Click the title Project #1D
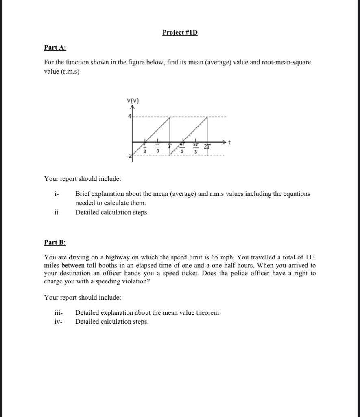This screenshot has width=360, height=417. (180, 32)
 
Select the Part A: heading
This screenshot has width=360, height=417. (55, 47)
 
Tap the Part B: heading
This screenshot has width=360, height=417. (55, 242)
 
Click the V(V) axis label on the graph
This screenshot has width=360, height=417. (133, 101)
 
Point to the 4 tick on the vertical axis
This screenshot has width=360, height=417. (130, 117)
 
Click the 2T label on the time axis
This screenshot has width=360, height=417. (207, 147)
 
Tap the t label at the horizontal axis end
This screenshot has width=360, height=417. (230, 142)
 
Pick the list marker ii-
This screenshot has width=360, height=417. (57, 212)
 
